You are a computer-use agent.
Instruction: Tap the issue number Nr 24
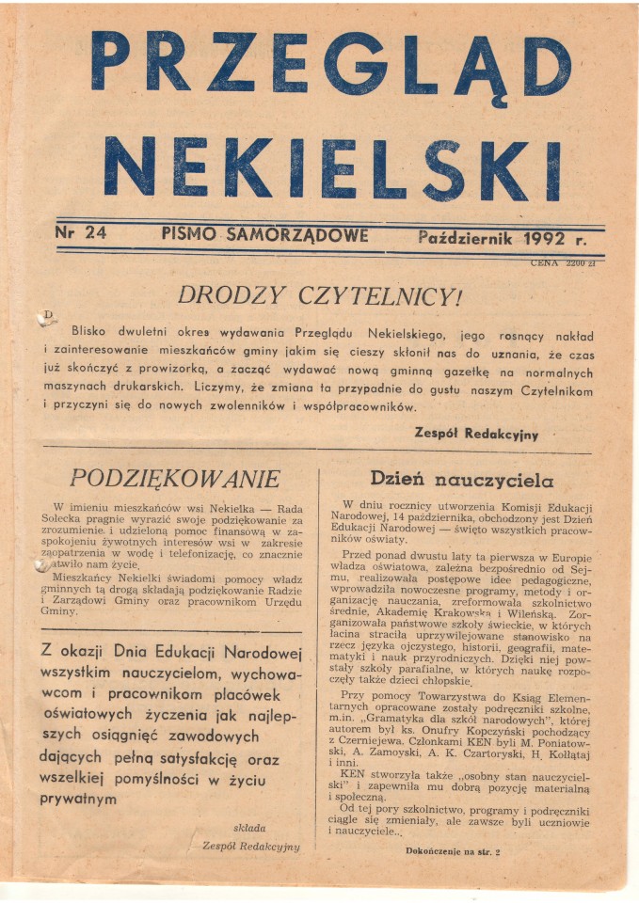coord(81,235)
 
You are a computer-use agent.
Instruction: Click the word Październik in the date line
coord(465,237)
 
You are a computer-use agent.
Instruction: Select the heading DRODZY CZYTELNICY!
coord(320,295)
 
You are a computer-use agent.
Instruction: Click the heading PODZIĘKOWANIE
coord(175,478)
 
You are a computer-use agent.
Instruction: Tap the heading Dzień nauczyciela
coord(461,478)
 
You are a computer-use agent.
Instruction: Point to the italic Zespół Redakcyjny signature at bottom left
coord(250,846)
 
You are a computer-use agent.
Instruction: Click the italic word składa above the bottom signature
coord(248,828)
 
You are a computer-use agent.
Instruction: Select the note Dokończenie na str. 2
coord(453,851)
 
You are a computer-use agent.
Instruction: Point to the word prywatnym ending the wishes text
coord(78,799)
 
